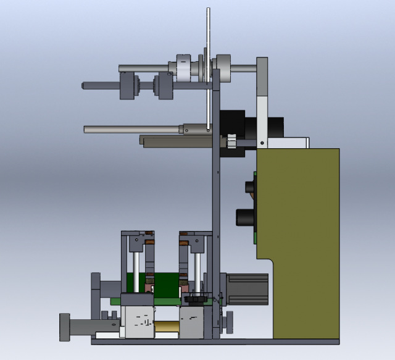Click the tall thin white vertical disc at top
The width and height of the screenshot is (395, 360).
[208, 37]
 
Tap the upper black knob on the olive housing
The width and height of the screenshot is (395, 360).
[251, 186]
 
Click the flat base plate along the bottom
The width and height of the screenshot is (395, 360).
[216, 341]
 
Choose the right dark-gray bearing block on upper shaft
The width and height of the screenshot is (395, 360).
[165, 85]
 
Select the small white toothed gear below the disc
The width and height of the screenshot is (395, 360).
[230, 141]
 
